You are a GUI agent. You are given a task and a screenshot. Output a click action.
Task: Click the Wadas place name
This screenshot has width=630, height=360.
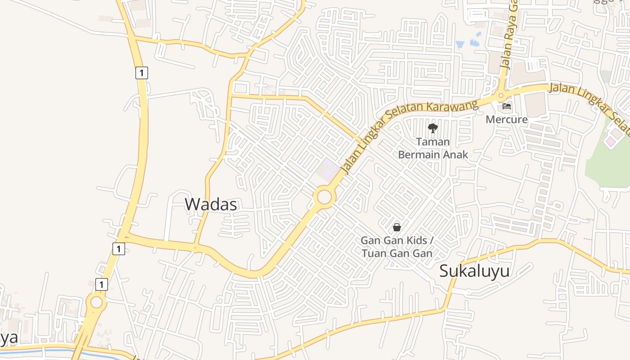pyautogui.click(x=211, y=204)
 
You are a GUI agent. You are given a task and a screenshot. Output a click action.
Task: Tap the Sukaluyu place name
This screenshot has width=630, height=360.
pyautogui.click(x=474, y=271)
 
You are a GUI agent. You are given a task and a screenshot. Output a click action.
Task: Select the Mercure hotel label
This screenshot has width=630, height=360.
pyautogui.click(x=506, y=119)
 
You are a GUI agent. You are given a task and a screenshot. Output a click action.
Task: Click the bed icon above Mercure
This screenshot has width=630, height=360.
pyautogui.click(x=507, y=107)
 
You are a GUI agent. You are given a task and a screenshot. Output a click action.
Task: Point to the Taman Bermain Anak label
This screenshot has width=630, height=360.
pyautogui.click(x=433, y=148)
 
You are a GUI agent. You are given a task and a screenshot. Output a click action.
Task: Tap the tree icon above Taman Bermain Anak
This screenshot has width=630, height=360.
pyautogui.click(x=433, y=128)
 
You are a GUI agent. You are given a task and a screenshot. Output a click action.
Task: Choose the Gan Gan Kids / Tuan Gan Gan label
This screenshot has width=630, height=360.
pyautogui.click(x=396, y=247)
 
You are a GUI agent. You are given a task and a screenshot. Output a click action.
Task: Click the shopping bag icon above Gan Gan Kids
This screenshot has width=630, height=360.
pyautogui.click(x=397, y=227)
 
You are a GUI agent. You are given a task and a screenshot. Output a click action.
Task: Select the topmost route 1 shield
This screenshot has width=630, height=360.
pyautogui.click(x=142, y=72)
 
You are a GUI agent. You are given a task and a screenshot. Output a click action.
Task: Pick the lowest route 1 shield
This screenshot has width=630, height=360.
pyautogui.click(x=102, y=284)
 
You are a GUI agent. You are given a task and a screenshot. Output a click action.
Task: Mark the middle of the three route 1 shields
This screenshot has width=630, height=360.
pyautogui.click(x=119, y=249)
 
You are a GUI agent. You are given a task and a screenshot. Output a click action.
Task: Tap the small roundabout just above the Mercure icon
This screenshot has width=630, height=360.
pyautogui.click(x=501, y=95)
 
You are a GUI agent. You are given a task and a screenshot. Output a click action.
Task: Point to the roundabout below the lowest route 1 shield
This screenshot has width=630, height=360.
pyautogui.click(x=96, y=302)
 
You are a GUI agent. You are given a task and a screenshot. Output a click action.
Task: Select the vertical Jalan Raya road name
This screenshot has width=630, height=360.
pyautogui.click(x=508, y=34)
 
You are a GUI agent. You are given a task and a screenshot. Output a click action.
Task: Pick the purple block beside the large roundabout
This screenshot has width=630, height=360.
pyautogui.click(x=328, y=168)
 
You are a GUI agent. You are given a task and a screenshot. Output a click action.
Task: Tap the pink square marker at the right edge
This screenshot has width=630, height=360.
pyautogui.click(x=610, y=142)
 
